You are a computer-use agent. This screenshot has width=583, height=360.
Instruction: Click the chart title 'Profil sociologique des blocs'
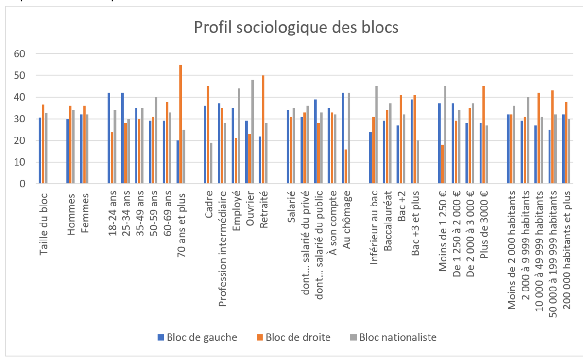[x=296, y=27]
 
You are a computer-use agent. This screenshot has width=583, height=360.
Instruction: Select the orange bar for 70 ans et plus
[x=181, y=124]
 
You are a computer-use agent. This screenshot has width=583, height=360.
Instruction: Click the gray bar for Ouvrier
[x=253, y=132]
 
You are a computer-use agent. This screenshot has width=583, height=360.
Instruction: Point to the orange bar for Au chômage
[x=346, y=167]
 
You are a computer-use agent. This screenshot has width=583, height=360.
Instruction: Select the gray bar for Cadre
[x=211, y=163]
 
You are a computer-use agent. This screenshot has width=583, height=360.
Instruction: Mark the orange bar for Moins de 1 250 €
[x=442, y=164]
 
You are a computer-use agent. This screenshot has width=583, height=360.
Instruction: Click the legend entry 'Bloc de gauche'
[x=197, y=337]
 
